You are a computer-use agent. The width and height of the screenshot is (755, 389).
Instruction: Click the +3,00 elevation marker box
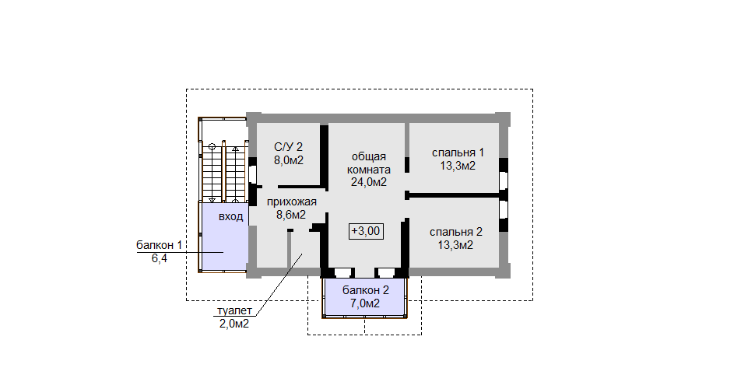366,231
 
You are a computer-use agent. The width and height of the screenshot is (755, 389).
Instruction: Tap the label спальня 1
458,153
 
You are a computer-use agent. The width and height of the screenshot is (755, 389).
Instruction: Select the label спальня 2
455,232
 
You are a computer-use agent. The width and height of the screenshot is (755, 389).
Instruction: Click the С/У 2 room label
289,147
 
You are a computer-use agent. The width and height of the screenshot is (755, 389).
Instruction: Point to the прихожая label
292,202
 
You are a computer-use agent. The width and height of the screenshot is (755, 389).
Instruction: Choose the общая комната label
369,163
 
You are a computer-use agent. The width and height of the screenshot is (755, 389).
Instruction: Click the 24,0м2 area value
369,182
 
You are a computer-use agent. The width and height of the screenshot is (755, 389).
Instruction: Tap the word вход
230,216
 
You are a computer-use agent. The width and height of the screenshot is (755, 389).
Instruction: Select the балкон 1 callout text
160,246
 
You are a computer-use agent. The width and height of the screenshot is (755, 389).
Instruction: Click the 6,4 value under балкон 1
160,258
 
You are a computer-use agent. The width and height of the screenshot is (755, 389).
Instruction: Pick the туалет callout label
234,311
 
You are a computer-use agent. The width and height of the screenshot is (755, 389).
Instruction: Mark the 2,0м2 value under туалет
234,324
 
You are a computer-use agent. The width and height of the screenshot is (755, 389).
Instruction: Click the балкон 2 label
366,290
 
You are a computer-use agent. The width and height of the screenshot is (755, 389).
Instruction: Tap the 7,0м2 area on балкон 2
366,303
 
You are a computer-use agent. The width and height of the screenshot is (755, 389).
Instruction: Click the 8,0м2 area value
289,160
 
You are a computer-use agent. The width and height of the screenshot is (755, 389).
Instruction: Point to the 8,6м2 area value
291,215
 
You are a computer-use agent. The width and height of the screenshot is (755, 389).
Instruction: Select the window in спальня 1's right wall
503,181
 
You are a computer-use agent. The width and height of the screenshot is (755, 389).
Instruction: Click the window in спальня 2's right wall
503,209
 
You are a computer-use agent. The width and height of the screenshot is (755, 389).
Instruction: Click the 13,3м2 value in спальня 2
455,245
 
